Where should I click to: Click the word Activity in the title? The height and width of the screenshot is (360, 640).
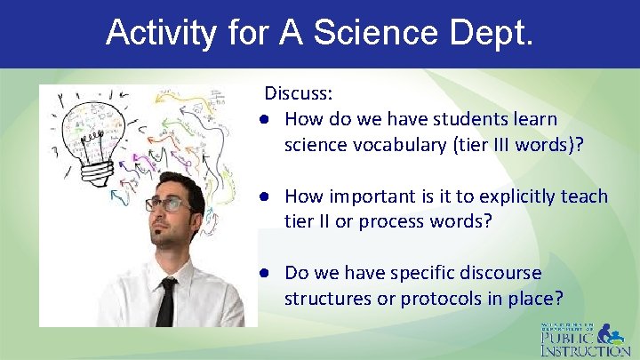(160, 33)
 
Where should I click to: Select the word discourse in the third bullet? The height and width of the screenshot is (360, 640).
(500, 273)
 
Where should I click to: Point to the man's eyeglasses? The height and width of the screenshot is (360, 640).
(169, 204)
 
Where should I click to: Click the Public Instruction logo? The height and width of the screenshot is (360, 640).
(586, 339)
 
